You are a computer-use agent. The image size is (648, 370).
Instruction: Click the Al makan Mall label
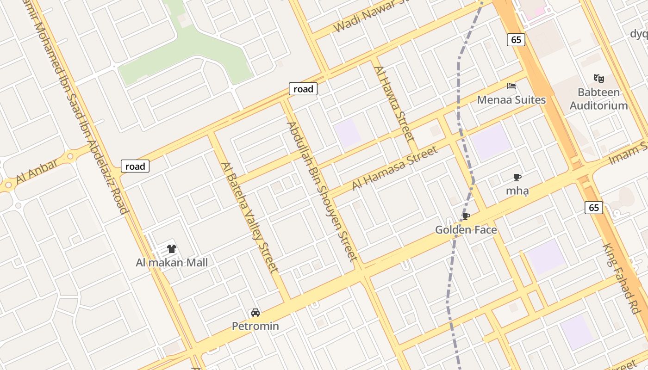172,263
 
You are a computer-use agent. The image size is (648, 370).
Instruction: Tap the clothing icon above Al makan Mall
172,249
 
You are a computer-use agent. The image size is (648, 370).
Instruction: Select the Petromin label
255,326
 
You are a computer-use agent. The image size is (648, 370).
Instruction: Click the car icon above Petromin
255,313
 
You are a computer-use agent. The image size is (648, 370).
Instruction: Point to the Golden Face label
466,230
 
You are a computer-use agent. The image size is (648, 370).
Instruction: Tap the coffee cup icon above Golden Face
466,216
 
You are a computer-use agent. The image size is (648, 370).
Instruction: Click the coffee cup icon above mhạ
517,177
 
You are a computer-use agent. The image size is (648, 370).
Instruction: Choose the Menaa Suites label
511,100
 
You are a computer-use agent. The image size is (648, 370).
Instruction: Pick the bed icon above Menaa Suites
511,86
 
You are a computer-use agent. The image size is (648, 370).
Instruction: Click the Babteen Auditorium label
598,99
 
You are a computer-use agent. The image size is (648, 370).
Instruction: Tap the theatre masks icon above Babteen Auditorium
598,79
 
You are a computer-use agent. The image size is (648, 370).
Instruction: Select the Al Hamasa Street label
395,168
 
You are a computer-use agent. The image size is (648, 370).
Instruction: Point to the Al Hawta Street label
393,103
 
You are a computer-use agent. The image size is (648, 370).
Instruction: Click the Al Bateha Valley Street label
250,217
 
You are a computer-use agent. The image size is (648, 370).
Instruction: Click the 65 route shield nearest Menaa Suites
516,40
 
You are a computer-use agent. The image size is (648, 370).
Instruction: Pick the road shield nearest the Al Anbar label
135,166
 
